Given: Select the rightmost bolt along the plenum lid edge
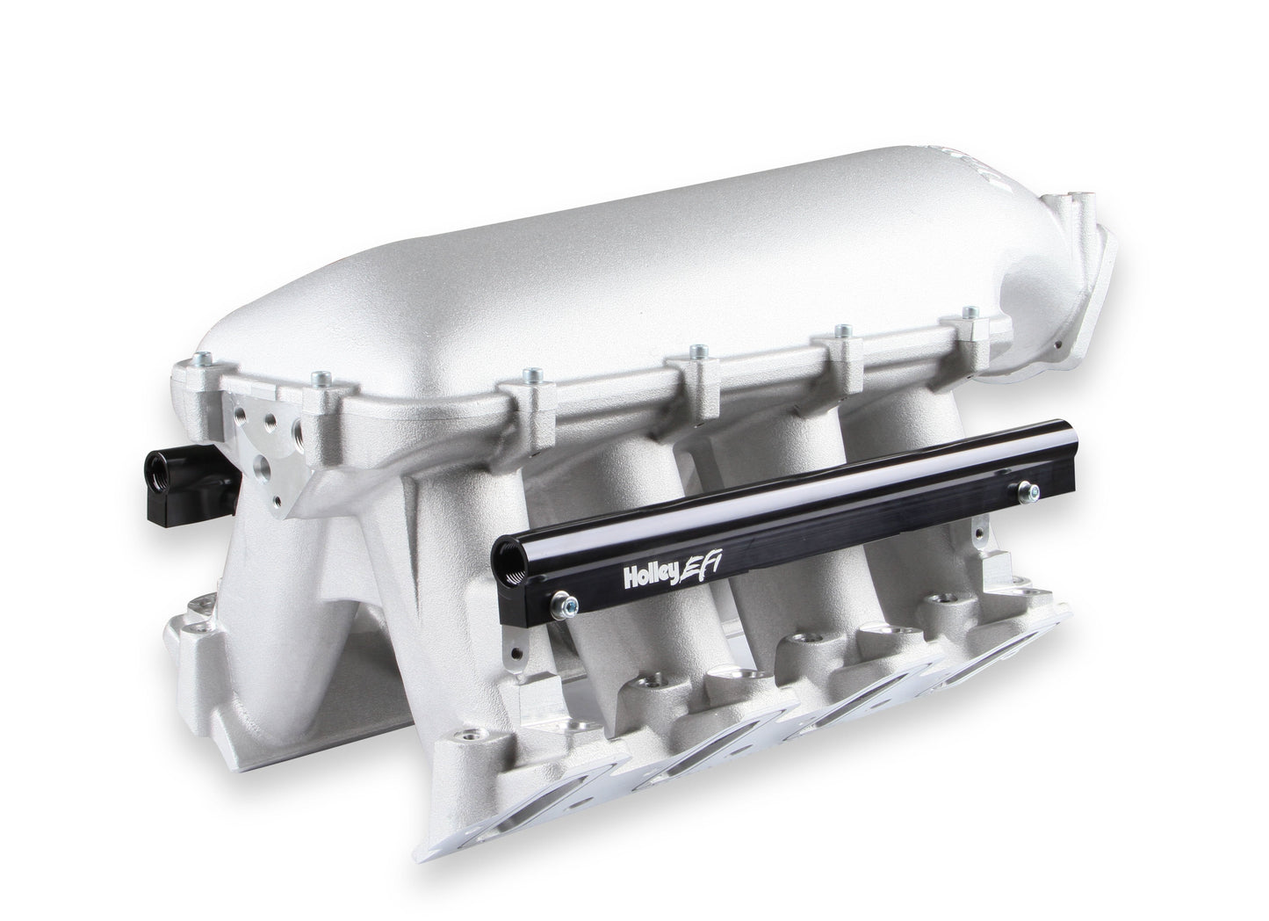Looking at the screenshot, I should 969,314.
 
